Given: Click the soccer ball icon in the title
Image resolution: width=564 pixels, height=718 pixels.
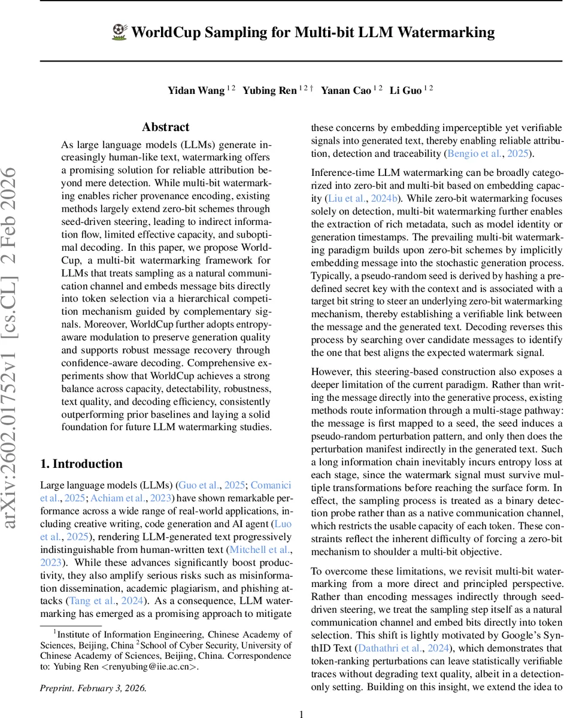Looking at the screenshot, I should click(x=119, y=32).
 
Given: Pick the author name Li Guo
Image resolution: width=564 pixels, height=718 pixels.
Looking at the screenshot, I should click(x=405, y=91).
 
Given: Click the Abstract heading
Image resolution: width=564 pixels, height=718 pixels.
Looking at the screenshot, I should click(x=166, y=127).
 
